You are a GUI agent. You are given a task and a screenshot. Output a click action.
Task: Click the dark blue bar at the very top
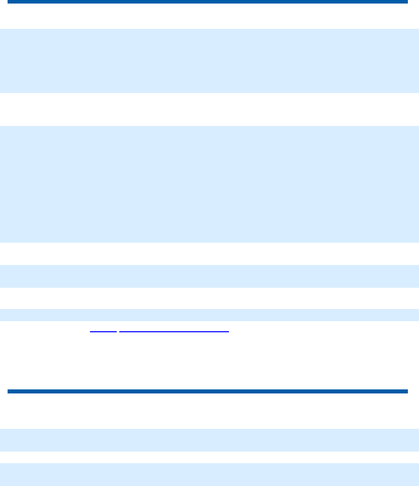(x=207, y=2)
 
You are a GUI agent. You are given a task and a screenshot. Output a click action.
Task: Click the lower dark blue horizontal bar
(x=207, y=391)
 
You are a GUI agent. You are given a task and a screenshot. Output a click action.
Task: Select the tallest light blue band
(x=209, y=184)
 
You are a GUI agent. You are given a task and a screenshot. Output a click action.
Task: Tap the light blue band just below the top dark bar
(x=209, y=61)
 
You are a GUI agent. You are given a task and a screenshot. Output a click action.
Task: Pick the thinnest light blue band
(x=209, y=315)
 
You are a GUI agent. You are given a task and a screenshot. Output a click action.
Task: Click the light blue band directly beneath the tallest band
(x=209, y=276)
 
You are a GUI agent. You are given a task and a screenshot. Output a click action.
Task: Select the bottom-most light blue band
(x=209, y=474)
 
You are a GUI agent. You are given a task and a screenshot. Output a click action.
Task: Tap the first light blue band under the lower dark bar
(x=209, y=440)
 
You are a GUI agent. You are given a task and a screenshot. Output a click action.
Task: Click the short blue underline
(x=103, y=332)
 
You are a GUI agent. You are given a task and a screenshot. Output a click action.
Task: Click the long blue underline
(x=174, y=332)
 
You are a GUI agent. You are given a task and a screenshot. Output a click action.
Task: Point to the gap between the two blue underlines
(x=118, y=332)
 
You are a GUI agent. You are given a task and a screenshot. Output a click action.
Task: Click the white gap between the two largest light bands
(x=209, y=109)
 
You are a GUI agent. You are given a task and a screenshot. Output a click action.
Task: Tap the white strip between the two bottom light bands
(x=209, y=457)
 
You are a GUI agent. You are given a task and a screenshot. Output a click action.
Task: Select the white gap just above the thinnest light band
(x=209, y=298)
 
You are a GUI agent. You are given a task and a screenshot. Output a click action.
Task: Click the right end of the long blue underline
(x=228, y=332)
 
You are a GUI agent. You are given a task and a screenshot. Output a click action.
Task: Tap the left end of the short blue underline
(x=90, y=332)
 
